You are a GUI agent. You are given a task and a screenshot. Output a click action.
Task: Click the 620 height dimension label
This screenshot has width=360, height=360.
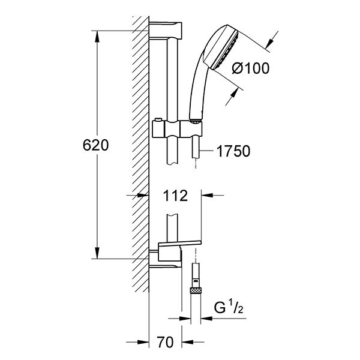click(95, 145)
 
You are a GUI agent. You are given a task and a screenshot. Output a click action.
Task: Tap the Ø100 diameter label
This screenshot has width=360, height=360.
click(250, 68)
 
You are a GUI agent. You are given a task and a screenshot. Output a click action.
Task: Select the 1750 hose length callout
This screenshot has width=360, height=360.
click(233, 151)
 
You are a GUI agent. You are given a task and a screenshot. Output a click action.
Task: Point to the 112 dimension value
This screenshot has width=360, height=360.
click(175, 196)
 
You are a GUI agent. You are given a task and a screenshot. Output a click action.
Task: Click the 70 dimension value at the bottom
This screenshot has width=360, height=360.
click(166, 342)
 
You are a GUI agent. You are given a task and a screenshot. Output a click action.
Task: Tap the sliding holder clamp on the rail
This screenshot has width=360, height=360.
click(178, 129)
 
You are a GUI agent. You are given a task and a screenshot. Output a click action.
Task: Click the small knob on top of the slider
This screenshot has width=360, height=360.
click(158, 120)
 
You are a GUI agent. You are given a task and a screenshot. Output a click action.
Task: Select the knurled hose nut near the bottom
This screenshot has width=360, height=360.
click(195, 290)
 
